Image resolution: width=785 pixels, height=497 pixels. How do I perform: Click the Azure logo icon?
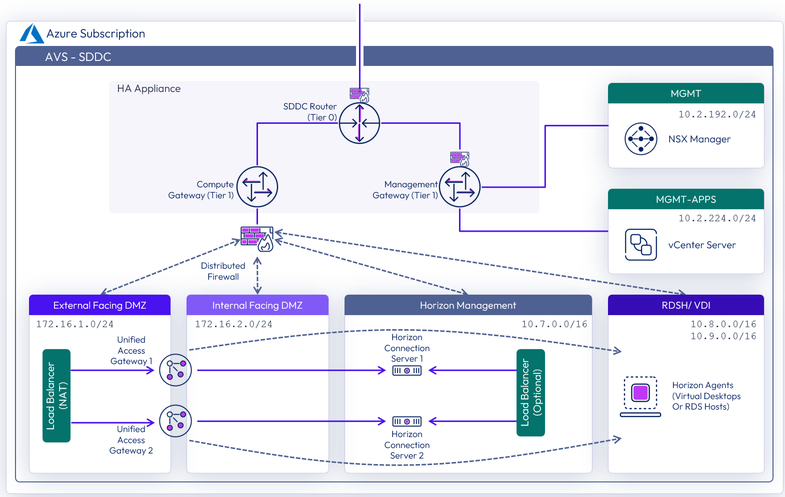(x=31, y=34)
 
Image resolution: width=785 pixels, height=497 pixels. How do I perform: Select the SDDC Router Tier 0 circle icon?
(x=359, y=123)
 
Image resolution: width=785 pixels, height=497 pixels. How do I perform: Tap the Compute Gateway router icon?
(x=257, y=187)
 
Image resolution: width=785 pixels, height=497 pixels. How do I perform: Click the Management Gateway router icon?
(x=459, y=187)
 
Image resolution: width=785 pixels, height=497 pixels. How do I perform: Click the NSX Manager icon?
(x=640, y=139)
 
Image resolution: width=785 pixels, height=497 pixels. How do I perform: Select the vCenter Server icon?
(x=640, y=245)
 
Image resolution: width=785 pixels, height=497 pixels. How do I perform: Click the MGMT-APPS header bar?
(x=685, y=199)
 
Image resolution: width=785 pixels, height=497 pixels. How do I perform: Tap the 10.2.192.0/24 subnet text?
(x=716, y=114)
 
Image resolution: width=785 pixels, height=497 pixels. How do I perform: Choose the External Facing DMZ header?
(x=99, y=305)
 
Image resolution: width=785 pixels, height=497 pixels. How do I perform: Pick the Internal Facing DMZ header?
(x=257, y=305)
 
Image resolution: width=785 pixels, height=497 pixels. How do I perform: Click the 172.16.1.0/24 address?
(x=74, y=324)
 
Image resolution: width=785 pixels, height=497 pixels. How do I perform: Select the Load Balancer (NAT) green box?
(x=56, y=396)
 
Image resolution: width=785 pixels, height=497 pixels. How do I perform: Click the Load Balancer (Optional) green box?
(x=530, y=393)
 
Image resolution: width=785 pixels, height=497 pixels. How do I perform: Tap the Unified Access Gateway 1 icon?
(x=175, y=370)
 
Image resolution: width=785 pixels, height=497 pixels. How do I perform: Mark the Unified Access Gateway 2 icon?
(x=175, y=421)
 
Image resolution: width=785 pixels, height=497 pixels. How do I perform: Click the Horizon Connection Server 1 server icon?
(x=407, y=371)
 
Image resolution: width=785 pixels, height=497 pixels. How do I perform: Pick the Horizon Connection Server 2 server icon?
(x=407, y=422)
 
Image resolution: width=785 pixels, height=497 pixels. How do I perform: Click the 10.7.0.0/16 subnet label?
(x=554, y=324)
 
